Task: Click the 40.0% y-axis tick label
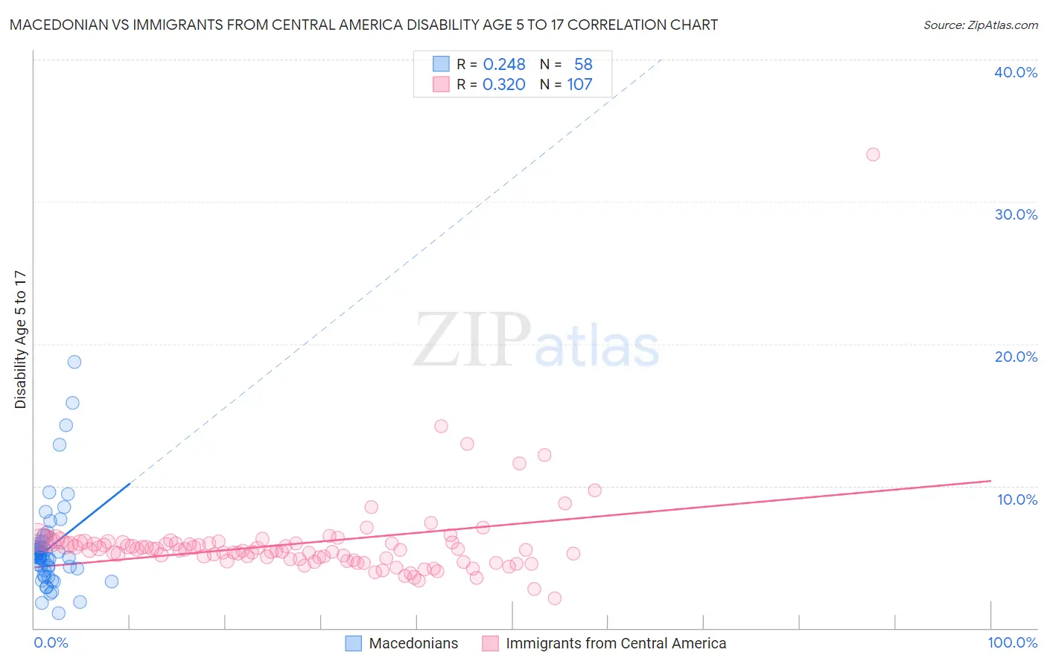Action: point(1015,72)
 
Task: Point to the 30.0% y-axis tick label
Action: point(1015,214)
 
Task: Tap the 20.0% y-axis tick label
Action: point(1015,357)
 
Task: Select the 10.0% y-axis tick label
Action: point(1016,499)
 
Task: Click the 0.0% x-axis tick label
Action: point(51,642)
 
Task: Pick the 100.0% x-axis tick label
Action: point(1012,642)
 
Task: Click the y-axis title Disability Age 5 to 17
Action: point(21,339)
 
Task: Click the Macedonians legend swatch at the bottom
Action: point(353,643)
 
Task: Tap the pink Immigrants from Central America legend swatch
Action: point(490,643)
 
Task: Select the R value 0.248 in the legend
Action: point(504,65)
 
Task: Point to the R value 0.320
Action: point(504,85)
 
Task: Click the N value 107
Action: point(579,85)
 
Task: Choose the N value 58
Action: point(583,65)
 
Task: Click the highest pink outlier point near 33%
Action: point(873,155)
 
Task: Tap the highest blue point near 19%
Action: point(74,362)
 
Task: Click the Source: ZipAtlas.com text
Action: point(980,25)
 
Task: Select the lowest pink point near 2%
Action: point(554,598)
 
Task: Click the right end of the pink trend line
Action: point(990,481)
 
